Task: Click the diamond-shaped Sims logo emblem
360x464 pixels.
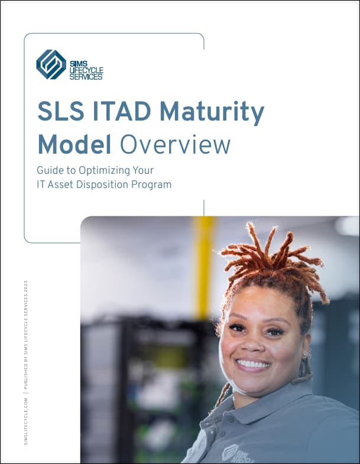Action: click(51, 64)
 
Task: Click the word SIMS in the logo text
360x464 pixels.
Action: click(79, 64)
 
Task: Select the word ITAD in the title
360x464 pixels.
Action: click(122, 111)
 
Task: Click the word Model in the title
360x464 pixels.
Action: click(74, 144)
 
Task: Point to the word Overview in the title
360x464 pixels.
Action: click(175, 144)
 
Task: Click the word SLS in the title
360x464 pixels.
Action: click(61, 111)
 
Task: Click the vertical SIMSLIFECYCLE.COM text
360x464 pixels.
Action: click(26, 421)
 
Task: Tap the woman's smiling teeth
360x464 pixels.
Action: click(252, 363)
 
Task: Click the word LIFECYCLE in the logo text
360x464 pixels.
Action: click(86, 70)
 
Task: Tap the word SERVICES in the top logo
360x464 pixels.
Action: click(86, 77)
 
